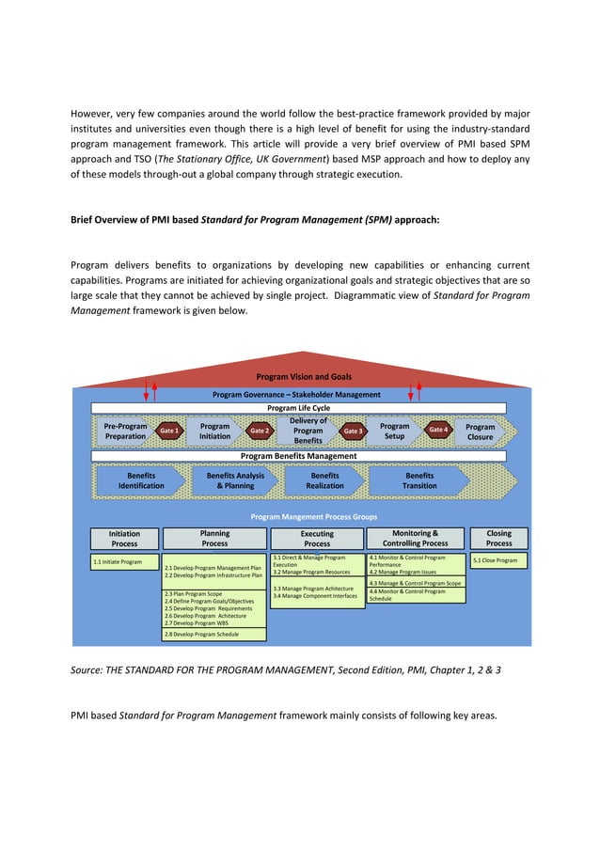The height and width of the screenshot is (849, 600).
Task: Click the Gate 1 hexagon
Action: (x=169, y=431)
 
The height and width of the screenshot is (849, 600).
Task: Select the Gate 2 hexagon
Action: (x=260, y=431)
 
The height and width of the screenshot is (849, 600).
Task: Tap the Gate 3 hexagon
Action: (x=353, y=431)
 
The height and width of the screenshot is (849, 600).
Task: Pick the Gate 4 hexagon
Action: (x=438, y=430)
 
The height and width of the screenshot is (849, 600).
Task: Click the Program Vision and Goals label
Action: (x=304, y=377)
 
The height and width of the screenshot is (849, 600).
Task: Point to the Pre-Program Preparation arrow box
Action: (x=126, y=432)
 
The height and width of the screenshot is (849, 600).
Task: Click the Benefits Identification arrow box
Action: (x=141, y=480)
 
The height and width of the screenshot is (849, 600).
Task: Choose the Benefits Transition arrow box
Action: (x=419, y=480)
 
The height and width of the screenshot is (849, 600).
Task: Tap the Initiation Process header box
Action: (x=124, y=538)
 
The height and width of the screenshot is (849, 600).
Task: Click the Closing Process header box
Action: (x=498, y=538)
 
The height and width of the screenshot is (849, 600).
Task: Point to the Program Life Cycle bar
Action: (x=298, y=408)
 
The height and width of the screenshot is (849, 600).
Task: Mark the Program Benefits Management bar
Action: (x=298, y=456)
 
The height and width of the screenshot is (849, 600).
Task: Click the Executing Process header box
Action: (x=317, y=539)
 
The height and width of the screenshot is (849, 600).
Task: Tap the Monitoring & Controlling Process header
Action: (x=415, y=538)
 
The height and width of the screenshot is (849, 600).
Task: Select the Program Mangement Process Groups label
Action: (x=313, y=517)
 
